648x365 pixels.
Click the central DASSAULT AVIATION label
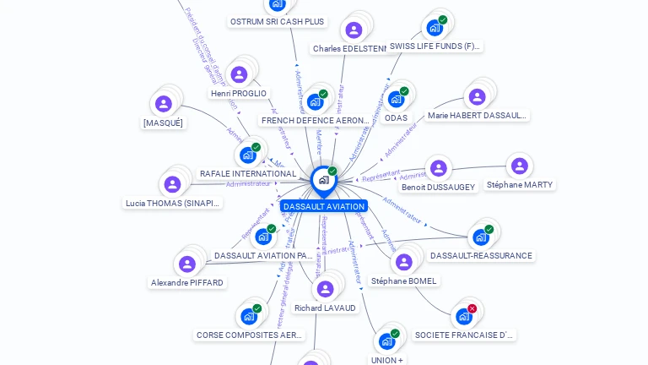[324, 206]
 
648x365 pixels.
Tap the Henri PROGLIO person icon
[239, 74]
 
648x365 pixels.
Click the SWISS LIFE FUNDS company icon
[435, 27]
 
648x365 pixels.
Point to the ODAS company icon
[396, 99]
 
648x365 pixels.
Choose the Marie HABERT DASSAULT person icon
[477, 96]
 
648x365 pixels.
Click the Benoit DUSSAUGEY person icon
[437, 167]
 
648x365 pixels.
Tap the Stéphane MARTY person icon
[519, 166]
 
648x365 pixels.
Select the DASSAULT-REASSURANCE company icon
[481, 237]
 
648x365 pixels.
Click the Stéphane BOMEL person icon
[404, 262]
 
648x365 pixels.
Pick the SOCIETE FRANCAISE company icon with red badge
[464, 316]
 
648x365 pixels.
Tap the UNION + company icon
[386, 341]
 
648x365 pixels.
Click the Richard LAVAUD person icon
[325, 289]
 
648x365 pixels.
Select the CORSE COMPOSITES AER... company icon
[249, 316]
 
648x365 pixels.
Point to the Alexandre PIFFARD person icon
[187, 264]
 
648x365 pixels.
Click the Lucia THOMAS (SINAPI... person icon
[172, 184]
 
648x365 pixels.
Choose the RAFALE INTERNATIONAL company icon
[247, 155]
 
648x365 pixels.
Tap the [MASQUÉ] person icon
[163, 104]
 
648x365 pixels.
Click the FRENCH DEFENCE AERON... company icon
[315, 101]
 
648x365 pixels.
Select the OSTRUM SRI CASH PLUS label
[277, 21]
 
